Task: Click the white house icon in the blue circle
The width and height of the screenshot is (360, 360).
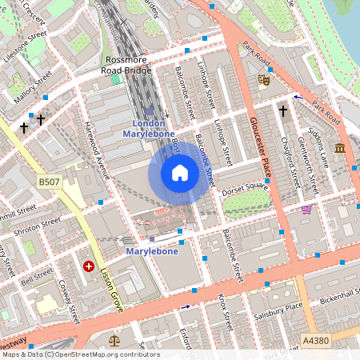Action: tap(180, 173)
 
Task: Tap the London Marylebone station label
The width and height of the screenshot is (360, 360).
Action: tap(148, 129)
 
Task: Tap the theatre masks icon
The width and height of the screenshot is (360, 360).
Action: tap(263, 79)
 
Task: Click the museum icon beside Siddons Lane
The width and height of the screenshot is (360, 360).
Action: tap(340, 148)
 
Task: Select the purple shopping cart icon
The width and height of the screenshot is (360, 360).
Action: tap(306, 210)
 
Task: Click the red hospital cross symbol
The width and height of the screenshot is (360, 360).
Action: tap(88, 266)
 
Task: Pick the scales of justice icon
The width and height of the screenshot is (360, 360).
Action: tap(112, 340)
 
